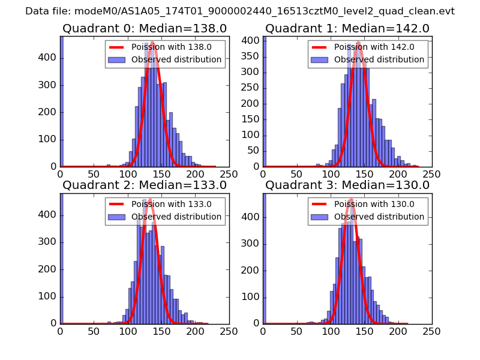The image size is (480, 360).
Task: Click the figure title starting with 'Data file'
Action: click(x=240, y=11)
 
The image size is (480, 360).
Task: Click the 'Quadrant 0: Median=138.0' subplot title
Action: click(x=145, y=29)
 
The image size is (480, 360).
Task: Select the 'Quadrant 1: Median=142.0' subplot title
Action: click(x=347, y=29)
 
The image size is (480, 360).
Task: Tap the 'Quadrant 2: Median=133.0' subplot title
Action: click(x=145, y=185)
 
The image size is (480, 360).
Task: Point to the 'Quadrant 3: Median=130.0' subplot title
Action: click(x=347, y=185)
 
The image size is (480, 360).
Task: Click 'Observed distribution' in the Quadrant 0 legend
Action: click(x=176, y=60)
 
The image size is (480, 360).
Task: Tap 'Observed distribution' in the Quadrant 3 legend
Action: click(x=379, y=217)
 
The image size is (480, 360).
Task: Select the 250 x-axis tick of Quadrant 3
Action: click(x=432, y=331)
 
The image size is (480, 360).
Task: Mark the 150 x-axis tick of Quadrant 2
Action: click(x=161, y=331)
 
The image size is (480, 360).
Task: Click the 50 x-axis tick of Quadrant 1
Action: click(x=297, y=174)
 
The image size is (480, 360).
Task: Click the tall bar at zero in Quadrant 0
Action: click(x=61, y=102)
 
